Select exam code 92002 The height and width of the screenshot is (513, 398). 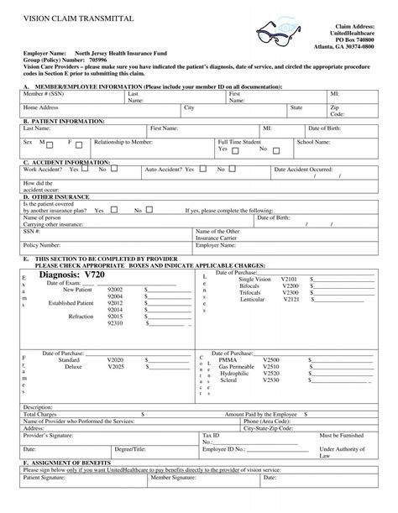click(x=115, y=296)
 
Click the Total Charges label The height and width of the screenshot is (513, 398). click(x=40, y=414)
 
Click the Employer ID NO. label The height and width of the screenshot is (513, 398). click(x=223, y=449)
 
